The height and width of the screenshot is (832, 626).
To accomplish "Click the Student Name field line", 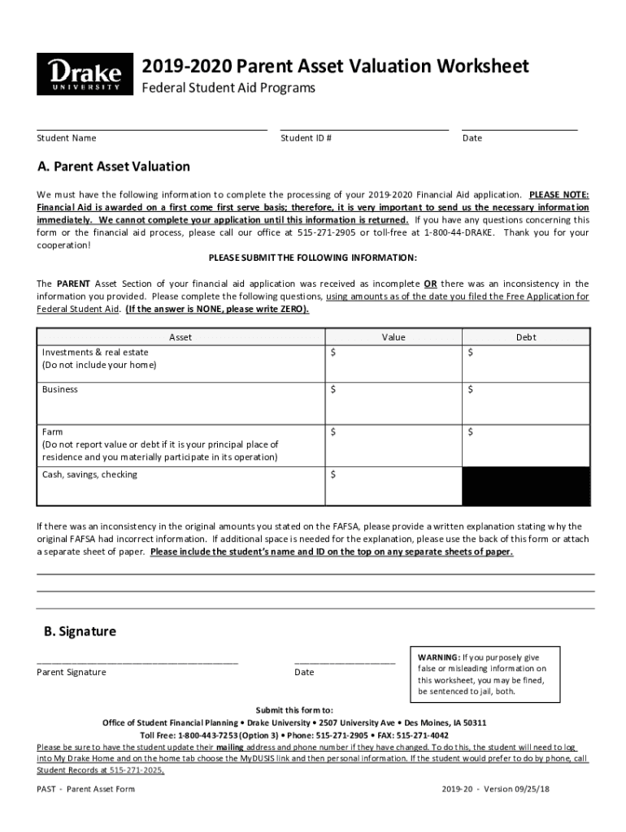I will [151, 128].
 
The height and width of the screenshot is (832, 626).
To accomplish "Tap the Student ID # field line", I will [363, 128].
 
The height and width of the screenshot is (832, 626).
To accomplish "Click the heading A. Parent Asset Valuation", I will [114, 167].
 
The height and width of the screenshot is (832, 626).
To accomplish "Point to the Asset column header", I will [180, 337].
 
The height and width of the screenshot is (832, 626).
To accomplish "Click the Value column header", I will [393, 337].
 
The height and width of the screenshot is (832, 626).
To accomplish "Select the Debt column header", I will [526, 337].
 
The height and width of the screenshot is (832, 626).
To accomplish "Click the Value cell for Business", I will [393, 403].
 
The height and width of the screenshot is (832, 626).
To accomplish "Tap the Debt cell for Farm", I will [526, 445].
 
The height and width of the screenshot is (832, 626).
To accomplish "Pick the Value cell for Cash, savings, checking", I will [393, 486].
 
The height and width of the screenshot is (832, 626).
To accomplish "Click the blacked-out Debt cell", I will [526, 486].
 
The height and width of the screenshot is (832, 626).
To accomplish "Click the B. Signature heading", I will [80, 631].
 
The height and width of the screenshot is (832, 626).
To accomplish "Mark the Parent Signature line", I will [137, 662].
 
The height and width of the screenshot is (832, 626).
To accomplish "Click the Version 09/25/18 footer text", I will [519, 789].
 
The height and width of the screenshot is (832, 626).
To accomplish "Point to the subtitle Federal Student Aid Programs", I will [228, 88].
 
